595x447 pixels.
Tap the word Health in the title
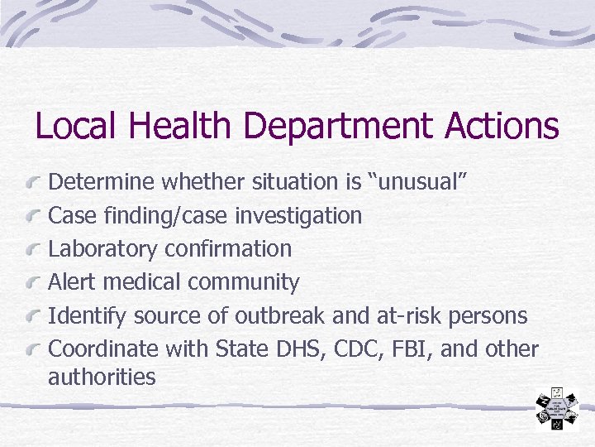tap(178, 126)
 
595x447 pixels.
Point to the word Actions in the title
tap(502, 126)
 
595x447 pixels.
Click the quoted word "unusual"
tap(424, 182)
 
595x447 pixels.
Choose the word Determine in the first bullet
tap(102, 182)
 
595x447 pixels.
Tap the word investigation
tap(298, 216)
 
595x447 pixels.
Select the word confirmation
tap(229, 248)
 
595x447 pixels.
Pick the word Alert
tap(71, 281)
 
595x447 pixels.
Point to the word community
tap(244, 282)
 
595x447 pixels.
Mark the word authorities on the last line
tap(102, 377)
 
